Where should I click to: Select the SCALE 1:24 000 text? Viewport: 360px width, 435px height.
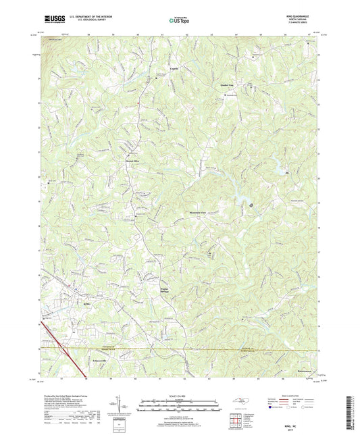(180, 394)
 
